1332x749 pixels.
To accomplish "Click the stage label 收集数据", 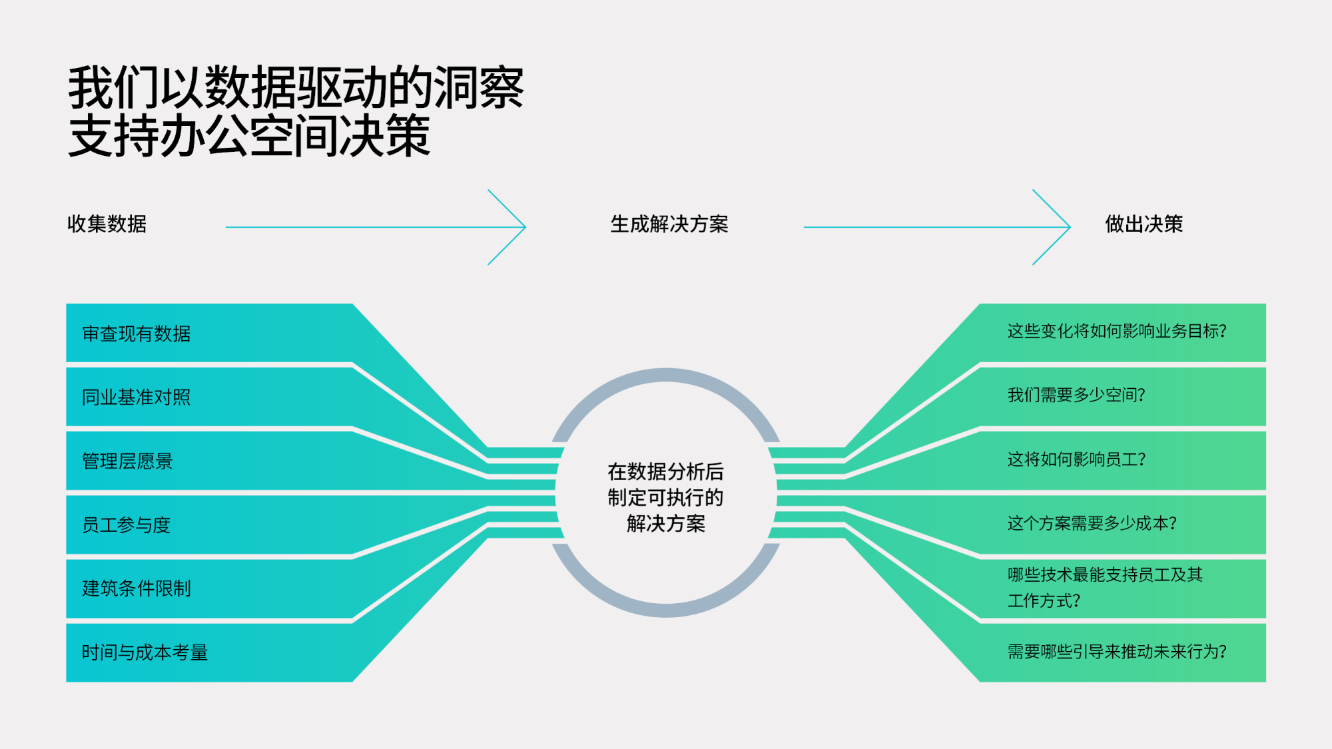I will click(x=107, y=224).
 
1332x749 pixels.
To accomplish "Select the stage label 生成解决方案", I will click(x=669, y=224).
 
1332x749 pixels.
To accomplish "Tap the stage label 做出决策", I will click(x=1144, y=224).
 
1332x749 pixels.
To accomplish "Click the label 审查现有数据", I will click(x=137, y=334).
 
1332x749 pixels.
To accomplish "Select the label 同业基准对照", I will click(x=137, y=397).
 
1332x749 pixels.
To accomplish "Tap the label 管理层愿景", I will click(x=127, y=461).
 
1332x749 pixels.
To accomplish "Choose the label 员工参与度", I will click(x=127, y=525).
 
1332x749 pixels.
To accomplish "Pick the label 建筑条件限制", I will click(x=137, y=589).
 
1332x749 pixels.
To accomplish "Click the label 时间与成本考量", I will click(x=145, y=652).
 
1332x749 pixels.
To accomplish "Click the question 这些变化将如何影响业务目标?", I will click(x=1117, y=332).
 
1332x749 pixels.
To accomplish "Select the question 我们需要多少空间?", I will click(x=1076, y=395).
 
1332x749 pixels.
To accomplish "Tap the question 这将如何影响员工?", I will click(x=1076, y=459).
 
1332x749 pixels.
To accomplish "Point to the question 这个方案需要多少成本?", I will click(x=1092, y=523).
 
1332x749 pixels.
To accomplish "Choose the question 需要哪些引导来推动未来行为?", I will click(x=1117, y=652).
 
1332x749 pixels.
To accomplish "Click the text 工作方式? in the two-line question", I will click(x=1044, y=601).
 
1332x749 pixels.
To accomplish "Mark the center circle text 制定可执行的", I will click(x=665, y=497).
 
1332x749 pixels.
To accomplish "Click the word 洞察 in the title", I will click(x=479, y=88).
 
